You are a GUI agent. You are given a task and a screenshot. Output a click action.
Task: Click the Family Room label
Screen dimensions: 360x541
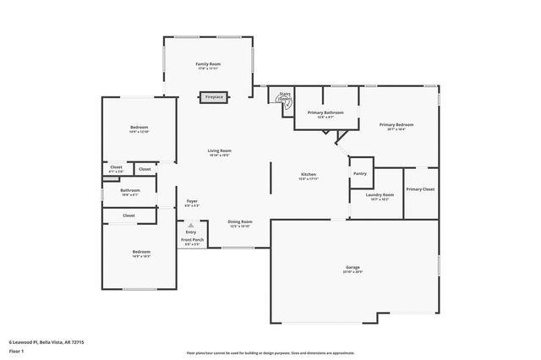tap(208, 66)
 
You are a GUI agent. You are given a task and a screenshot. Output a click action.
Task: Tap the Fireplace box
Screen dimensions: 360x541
tap(214, 97)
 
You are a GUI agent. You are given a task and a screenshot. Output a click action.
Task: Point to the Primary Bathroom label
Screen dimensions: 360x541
tap(325, 114)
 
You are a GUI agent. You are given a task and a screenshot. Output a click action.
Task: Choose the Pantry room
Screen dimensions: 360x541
tap(360, 173)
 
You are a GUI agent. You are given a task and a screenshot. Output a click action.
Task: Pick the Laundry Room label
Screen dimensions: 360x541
tap(380, 196)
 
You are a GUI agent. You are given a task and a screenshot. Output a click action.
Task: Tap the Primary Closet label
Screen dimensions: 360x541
tap(420, 189)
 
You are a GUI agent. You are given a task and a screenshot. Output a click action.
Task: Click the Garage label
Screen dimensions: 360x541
tap(353, 269)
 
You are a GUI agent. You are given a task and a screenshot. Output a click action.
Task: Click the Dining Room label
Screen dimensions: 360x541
tap(240, 223)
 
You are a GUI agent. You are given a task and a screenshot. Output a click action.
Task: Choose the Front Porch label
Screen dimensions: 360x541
tap(192, 241)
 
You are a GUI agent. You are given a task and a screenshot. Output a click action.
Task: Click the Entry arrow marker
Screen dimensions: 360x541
tap(191, 226)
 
